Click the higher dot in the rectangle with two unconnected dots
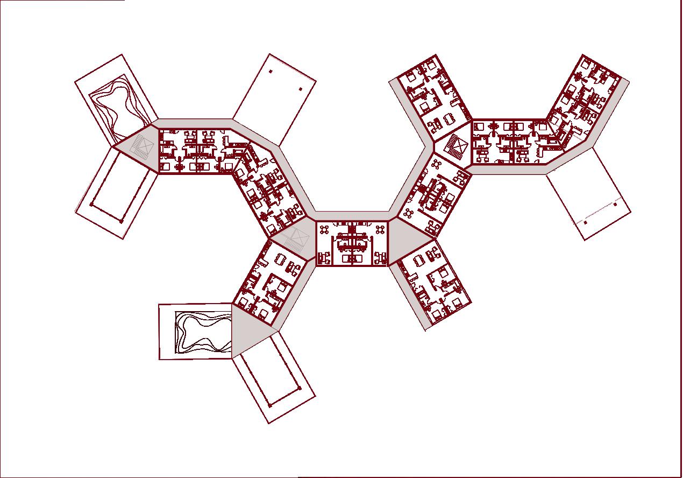271,71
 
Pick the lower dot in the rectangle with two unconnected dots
301,89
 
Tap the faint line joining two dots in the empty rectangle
600,213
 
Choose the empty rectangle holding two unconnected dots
274,100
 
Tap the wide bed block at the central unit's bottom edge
352,258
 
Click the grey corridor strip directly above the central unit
352,216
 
